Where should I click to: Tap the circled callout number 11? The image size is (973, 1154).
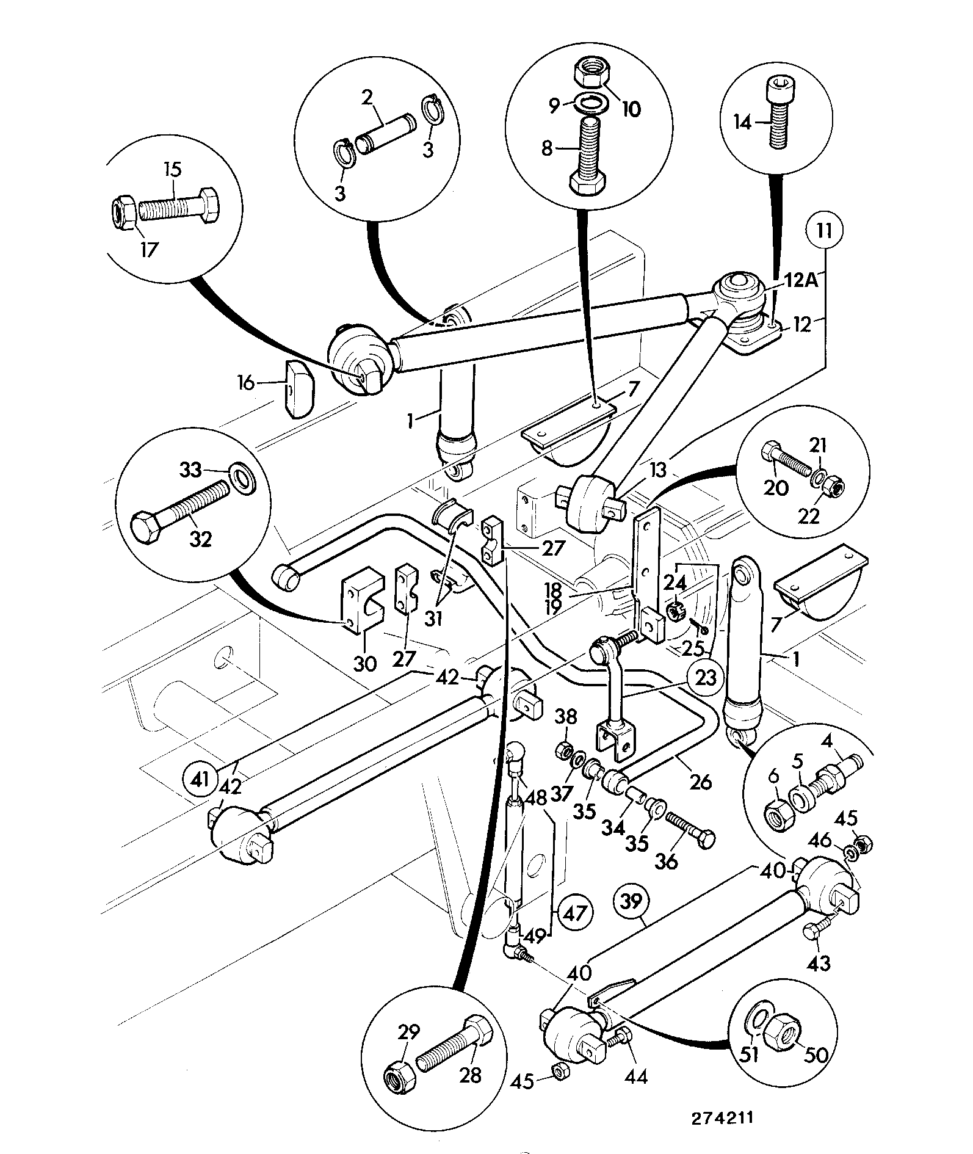(823, 232)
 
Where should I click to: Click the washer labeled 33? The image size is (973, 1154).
(243, 474)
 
